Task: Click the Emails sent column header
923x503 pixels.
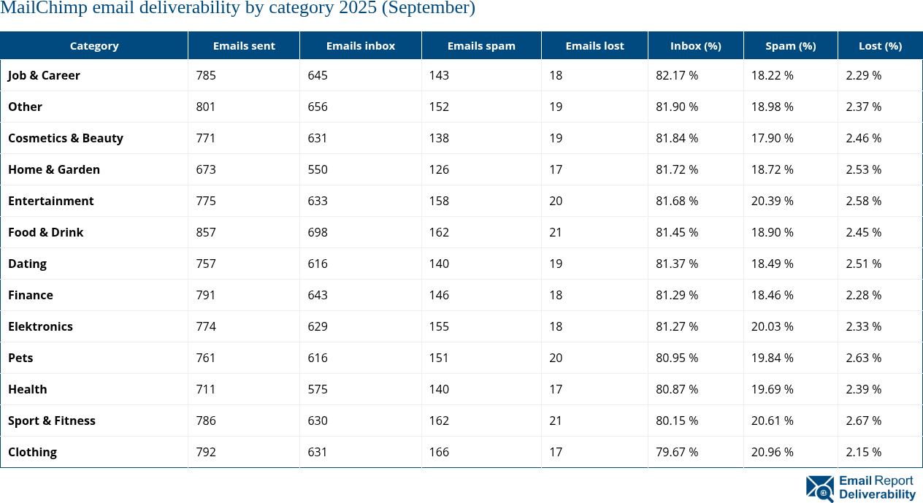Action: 244,45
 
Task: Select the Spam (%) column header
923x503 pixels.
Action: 790,45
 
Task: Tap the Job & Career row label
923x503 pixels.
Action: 45,75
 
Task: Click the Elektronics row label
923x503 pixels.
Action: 41,326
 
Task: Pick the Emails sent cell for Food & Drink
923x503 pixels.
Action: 207,232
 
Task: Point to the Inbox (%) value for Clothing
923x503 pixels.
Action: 677,452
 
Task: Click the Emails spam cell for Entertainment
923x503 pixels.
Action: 440,201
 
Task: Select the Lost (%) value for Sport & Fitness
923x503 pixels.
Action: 863,421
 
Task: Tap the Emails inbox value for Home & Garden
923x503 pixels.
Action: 318,169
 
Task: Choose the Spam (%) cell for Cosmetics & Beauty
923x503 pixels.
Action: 773,138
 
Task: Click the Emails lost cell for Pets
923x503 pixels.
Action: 556,358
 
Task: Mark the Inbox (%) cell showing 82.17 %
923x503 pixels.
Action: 677,75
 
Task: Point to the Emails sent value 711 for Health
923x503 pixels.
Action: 206,389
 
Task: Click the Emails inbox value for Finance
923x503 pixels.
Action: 318,295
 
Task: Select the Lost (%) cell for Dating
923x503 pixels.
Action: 863,264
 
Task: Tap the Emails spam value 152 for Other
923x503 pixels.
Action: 440,107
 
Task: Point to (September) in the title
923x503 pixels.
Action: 432,9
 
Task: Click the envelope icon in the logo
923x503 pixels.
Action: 820,488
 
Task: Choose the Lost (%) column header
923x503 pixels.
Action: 880,45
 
